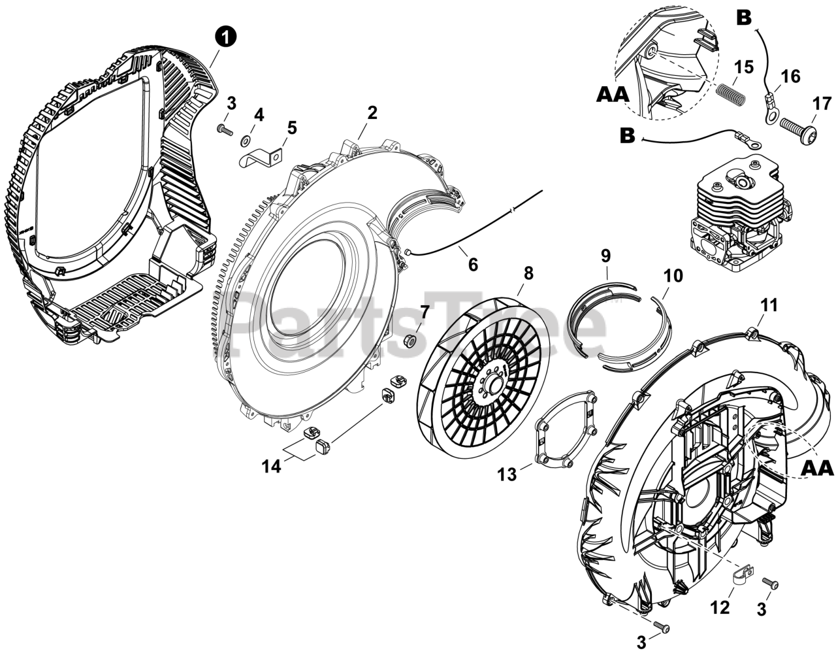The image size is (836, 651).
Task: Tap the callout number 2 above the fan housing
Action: pos(372,112)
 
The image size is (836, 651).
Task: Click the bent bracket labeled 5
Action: pos(261,158)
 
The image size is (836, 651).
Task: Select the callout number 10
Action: pos(673,275)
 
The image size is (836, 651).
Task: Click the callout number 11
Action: pos(769,305)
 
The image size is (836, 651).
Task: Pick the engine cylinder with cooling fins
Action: pos(741,209)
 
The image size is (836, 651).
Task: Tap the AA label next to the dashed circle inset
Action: pos(613,95)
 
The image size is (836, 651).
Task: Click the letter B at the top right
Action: pos(744,18)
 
